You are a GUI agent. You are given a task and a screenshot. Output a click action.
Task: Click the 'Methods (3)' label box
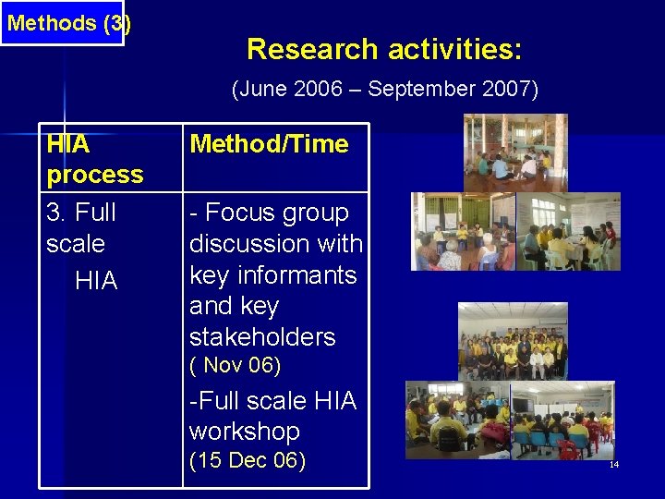(x=62, y=23)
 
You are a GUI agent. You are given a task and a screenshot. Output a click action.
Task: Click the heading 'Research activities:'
(x=384, y=49)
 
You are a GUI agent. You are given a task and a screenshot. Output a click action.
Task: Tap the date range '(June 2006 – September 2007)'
(x=384, y=90)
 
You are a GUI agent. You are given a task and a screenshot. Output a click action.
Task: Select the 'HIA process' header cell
(x=95, y=159)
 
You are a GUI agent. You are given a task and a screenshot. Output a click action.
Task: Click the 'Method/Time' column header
(x=269, y=144)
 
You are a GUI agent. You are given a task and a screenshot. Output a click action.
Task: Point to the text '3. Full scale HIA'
(x=81, y=245)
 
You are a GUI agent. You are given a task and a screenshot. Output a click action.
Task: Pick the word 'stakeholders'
(x=262, y=336)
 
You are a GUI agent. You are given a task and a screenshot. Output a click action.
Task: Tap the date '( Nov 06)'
(x=235, y=366)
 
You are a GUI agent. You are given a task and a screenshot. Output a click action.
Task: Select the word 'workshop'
(x=245, y=432)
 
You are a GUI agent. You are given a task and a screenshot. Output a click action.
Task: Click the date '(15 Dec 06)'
(x=248, y=461)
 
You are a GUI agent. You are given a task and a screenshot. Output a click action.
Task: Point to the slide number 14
(x=613, y=464)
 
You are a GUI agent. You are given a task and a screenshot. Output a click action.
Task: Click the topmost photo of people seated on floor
(x=515, y=152)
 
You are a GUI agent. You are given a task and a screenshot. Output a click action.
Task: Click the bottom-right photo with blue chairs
(x=562, y=420)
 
